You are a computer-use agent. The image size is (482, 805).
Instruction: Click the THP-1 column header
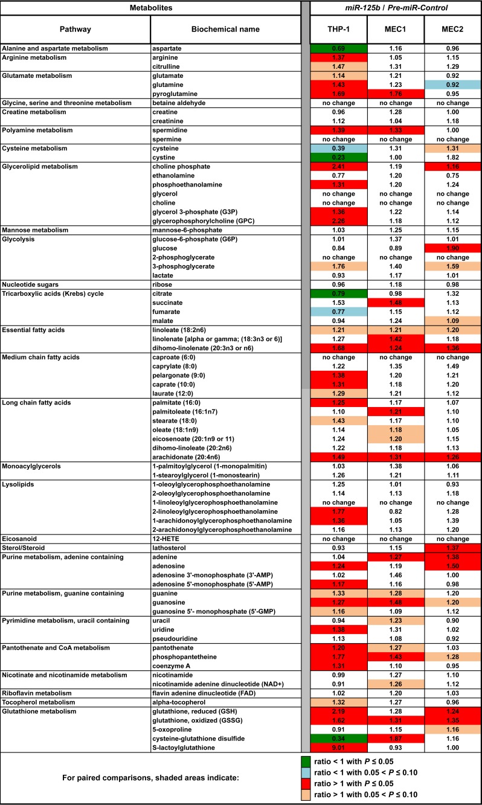338,29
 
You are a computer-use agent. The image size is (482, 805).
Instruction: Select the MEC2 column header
453,29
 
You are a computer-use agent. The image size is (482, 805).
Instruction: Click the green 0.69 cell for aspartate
338,47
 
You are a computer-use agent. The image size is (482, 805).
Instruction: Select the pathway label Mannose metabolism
37,229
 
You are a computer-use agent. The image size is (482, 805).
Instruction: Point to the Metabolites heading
151,7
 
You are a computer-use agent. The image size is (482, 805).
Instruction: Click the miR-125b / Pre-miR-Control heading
396,7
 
